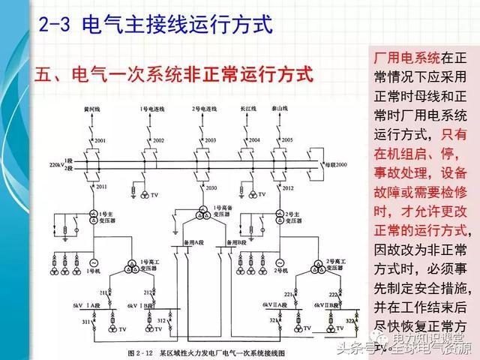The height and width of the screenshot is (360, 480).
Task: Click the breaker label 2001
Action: point(100,140)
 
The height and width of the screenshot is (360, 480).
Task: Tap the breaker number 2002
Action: point(158,140)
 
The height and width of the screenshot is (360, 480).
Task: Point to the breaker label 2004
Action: point(254,140)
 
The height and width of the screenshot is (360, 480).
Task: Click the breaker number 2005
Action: point(288,140)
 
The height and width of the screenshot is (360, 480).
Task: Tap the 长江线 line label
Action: point(248,109)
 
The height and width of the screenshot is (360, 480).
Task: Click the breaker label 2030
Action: point(211,187)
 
